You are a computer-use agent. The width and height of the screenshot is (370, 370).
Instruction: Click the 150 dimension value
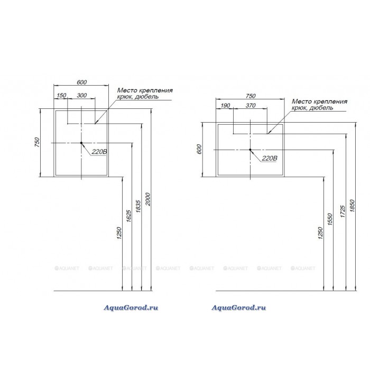(x=61, y=95)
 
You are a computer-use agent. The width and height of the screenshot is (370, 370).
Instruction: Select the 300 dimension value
(x=82, y=95)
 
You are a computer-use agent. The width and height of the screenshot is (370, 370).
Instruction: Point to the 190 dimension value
(x=226, y=106)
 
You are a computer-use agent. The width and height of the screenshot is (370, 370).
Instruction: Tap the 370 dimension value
(x=251, y=106)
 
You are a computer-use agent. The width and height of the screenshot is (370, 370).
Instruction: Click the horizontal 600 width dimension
(x=81, y=82)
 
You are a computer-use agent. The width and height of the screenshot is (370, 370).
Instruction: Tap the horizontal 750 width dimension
(x=251, y=96)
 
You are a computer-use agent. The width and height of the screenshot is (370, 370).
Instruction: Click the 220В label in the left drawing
(x=99, y=152)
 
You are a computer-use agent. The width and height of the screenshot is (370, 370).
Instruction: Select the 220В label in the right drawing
(x=269, y=158)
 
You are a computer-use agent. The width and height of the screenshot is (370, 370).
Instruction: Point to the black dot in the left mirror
(x=81, y=143)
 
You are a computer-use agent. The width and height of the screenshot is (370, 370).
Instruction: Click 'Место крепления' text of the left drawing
(x=144, y=90)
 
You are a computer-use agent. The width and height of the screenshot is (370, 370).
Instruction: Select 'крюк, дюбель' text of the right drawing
(x=312, y=107)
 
